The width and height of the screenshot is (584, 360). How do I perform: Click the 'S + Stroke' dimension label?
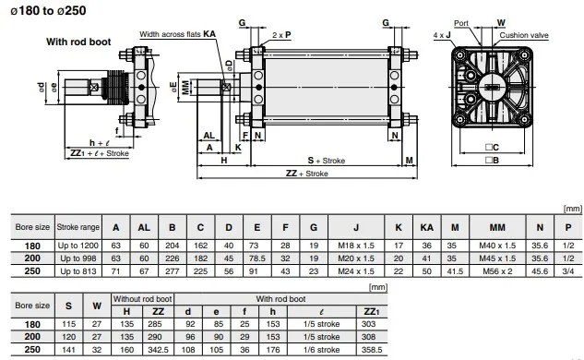(x=327, y=160)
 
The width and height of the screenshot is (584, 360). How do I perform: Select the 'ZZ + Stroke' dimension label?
(x=305, y=173)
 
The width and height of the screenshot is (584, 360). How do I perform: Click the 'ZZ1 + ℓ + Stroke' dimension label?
(x=99, y=153)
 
